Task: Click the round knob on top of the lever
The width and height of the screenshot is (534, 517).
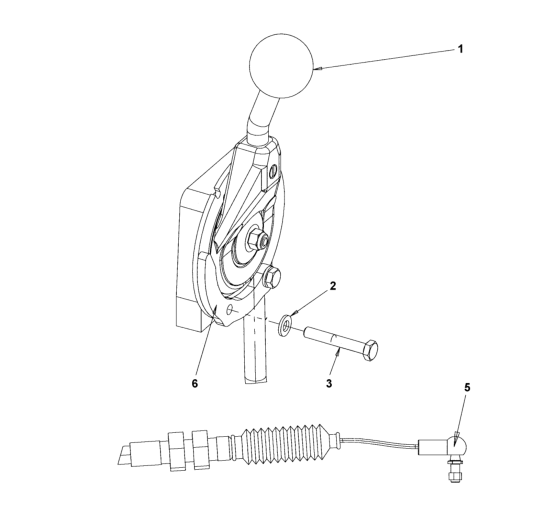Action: click(281, 66)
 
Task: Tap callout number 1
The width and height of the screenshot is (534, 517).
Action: click(460, 49)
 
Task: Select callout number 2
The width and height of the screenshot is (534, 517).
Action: click(333, 286)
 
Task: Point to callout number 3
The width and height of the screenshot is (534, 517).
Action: click(329, 383)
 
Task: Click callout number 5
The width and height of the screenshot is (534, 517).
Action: click(467, 387)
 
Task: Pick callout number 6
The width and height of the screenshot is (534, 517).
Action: click(195, 383)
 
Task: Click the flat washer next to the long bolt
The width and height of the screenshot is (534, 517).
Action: click(285, 325)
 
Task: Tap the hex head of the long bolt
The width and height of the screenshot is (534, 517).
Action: click(370, 350)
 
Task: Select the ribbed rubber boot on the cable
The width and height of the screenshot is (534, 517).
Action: click(286, 444)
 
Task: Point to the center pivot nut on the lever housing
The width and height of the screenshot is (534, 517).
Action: click(256, 238)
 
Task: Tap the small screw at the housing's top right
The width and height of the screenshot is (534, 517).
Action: click(273, 173)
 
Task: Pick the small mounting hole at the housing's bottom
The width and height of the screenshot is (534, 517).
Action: click(230, 309)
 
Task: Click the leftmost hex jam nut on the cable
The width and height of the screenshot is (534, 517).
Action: click(177, 451)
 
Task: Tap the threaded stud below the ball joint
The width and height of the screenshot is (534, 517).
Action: click(454, 471)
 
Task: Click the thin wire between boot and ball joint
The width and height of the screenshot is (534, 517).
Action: click(379, 443)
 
